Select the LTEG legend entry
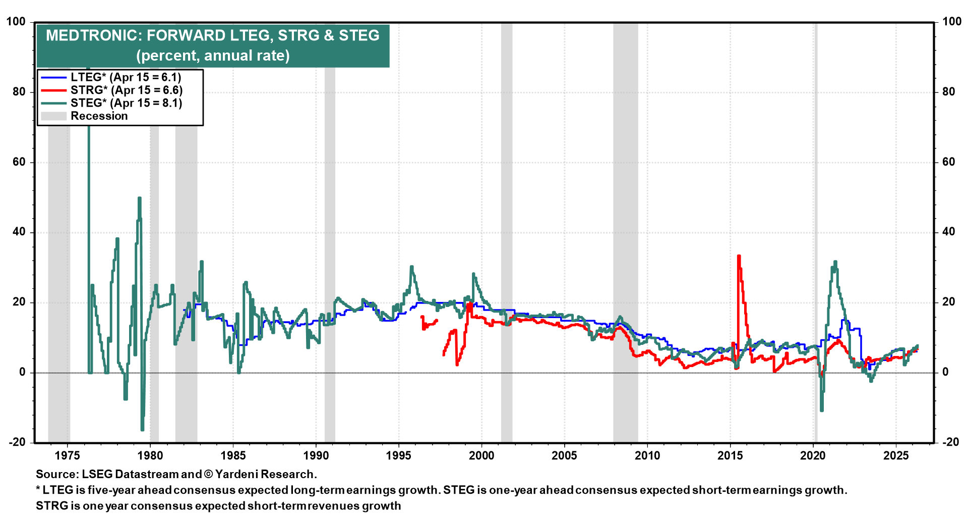(126, 77)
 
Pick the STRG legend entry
(126, 90)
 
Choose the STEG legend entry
(126, 103)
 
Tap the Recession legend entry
(99, 116)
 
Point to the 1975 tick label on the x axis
(68, 455)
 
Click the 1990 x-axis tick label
(316, 455)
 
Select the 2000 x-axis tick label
(481, 455)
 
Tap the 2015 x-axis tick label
(730, 455)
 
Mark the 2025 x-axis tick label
(896, 455)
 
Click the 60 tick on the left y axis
(18, 162)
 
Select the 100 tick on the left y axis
(16, 22)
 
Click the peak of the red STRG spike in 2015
(739, 256)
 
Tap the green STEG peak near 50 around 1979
(140, 198)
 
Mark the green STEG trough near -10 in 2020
(822, 410)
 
